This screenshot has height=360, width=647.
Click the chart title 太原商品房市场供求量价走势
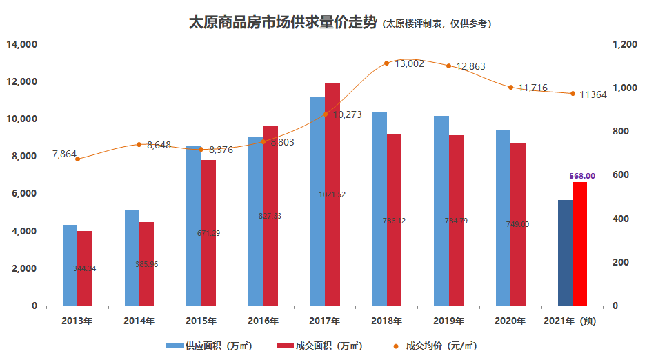(282, 23)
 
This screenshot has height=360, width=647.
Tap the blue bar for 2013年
(70, 265)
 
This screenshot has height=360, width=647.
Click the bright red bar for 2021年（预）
(579, 243)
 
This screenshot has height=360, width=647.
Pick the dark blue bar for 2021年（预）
(565, 252)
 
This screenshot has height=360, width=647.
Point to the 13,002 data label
(409, 63)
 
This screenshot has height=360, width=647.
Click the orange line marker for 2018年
(387, 63)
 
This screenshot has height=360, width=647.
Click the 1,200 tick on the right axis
(624, 45)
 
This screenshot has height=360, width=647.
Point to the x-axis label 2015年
(201, 321)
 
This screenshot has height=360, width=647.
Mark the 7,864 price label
(64, 154)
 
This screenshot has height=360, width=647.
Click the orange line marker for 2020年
(511, 88)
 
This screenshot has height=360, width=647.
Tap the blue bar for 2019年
(441, 210)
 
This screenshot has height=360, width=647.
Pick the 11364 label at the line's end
(593, 94)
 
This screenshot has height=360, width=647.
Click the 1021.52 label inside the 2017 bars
(332, 194)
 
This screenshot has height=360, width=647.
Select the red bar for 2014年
(146, 263)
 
